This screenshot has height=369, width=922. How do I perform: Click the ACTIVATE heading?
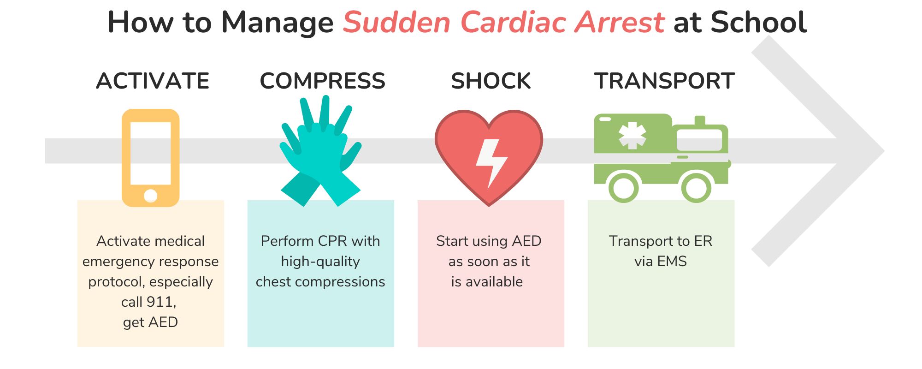pyautogui.click(x=153, y=81)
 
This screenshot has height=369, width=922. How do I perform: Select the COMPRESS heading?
pyautogui.click(x=322, y=81)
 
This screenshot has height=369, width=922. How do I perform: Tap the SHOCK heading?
pyautogui.click(x=491, y=81)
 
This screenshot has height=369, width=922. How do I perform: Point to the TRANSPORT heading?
pyautogui.click(x=664, y=81)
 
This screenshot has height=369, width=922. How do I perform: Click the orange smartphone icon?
pyautogui.click(x=150, y=158)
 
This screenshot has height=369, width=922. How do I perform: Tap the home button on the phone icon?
pyautogui.click(x=150, y=196)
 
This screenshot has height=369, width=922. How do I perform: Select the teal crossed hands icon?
pyautogui.click(x=321, y=151)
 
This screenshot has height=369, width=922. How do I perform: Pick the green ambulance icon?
pyautogui.click(x=662, y=158)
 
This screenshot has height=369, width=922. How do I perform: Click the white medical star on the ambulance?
pyautogui.click(x=632, y=135)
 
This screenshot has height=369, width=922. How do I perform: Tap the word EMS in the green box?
pyautogui.click(x=672, y=261)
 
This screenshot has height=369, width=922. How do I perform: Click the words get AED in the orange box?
pyautogui.click(x=150, y=322)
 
